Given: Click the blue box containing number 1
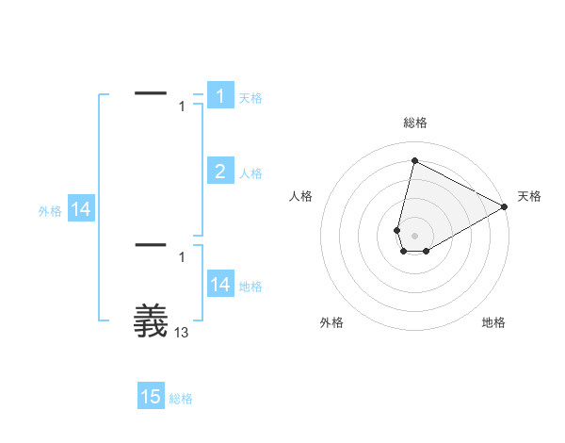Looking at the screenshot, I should pos(219,95).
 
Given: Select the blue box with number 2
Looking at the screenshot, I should pos(219,171).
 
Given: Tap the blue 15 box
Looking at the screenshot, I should pos(151,397).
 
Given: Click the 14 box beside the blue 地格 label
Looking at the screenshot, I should pos(219,284).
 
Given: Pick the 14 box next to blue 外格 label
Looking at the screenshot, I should pos(81,209).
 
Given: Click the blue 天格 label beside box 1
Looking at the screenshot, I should pos(250,98).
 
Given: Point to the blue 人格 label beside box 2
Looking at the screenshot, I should pos(250,173).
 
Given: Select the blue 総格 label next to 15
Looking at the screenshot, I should pos(181,400).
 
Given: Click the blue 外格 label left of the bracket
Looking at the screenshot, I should pos(50,212).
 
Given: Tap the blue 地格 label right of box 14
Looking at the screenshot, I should pos(250,287).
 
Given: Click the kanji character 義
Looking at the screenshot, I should pos(151,320).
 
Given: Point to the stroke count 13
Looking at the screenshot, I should pos(182,332).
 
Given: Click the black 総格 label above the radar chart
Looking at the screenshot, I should pos(414,123).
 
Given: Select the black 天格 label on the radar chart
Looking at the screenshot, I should pos(529,196).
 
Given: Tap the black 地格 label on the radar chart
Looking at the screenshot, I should pos(493,323).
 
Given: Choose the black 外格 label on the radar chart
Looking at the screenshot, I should pos(331,323).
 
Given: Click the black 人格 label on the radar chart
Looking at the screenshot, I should pos(301,196).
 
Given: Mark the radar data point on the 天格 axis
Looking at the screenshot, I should pos(505,206).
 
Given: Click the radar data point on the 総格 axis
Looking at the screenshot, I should pos(414,160).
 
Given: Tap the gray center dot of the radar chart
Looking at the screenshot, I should pos(414,235).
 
